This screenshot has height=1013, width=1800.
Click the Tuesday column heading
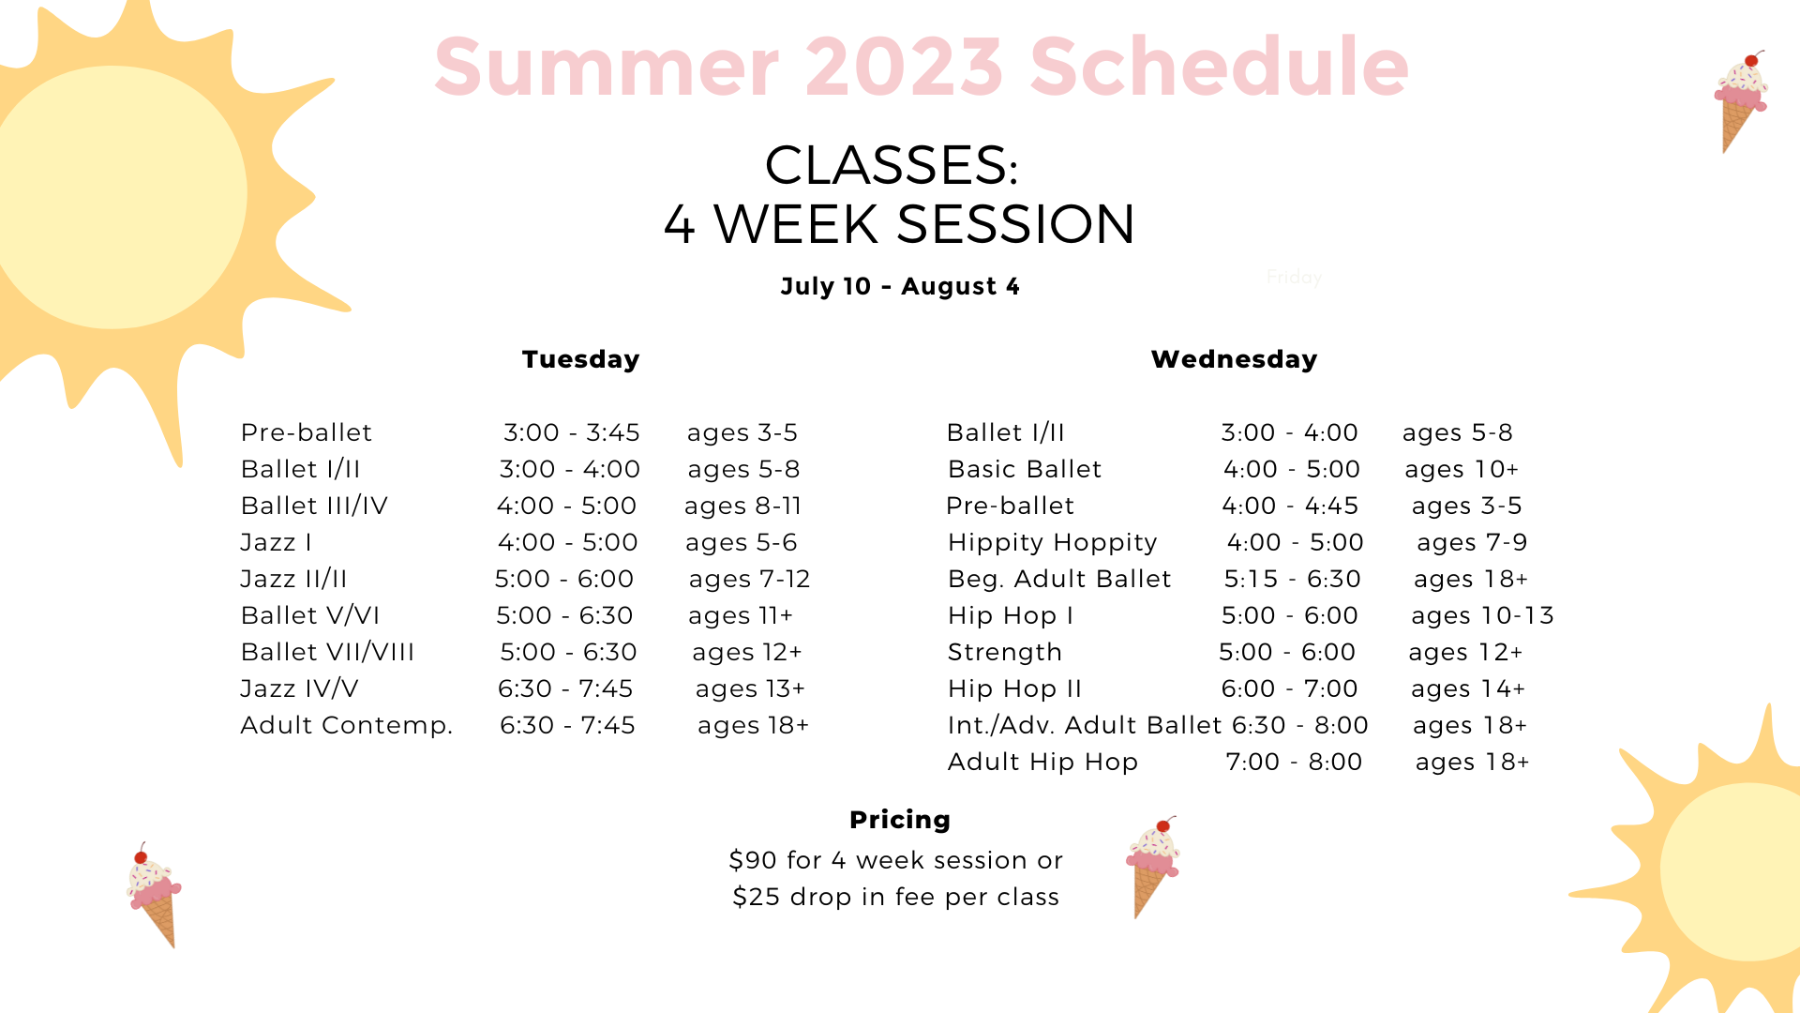(580, 359)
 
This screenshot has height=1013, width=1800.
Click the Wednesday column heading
(1234, 359)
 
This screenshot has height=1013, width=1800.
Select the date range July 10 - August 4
(900, 286)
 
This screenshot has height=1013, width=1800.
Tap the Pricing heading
(900, 820)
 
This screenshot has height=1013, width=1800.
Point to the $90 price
(754, 860)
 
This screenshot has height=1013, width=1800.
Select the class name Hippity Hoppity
(1052, 543)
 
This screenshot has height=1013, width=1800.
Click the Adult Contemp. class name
(347, 726)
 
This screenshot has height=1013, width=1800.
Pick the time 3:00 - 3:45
(572, 432)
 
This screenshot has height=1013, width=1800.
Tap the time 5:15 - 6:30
(1292, 579)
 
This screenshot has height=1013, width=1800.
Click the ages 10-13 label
(1482, 616)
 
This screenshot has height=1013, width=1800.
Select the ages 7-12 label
(749, 580)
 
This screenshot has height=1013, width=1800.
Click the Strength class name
(1004, 653)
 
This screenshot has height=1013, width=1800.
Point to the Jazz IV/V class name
(299, 689)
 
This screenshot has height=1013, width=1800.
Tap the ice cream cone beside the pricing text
(1153, 867)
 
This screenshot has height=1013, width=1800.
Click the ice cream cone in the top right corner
(1741, 101)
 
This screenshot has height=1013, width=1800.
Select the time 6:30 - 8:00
(1299, 725)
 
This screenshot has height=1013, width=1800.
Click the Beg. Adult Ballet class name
(1059, 580)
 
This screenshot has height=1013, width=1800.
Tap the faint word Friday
(1294, 278)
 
